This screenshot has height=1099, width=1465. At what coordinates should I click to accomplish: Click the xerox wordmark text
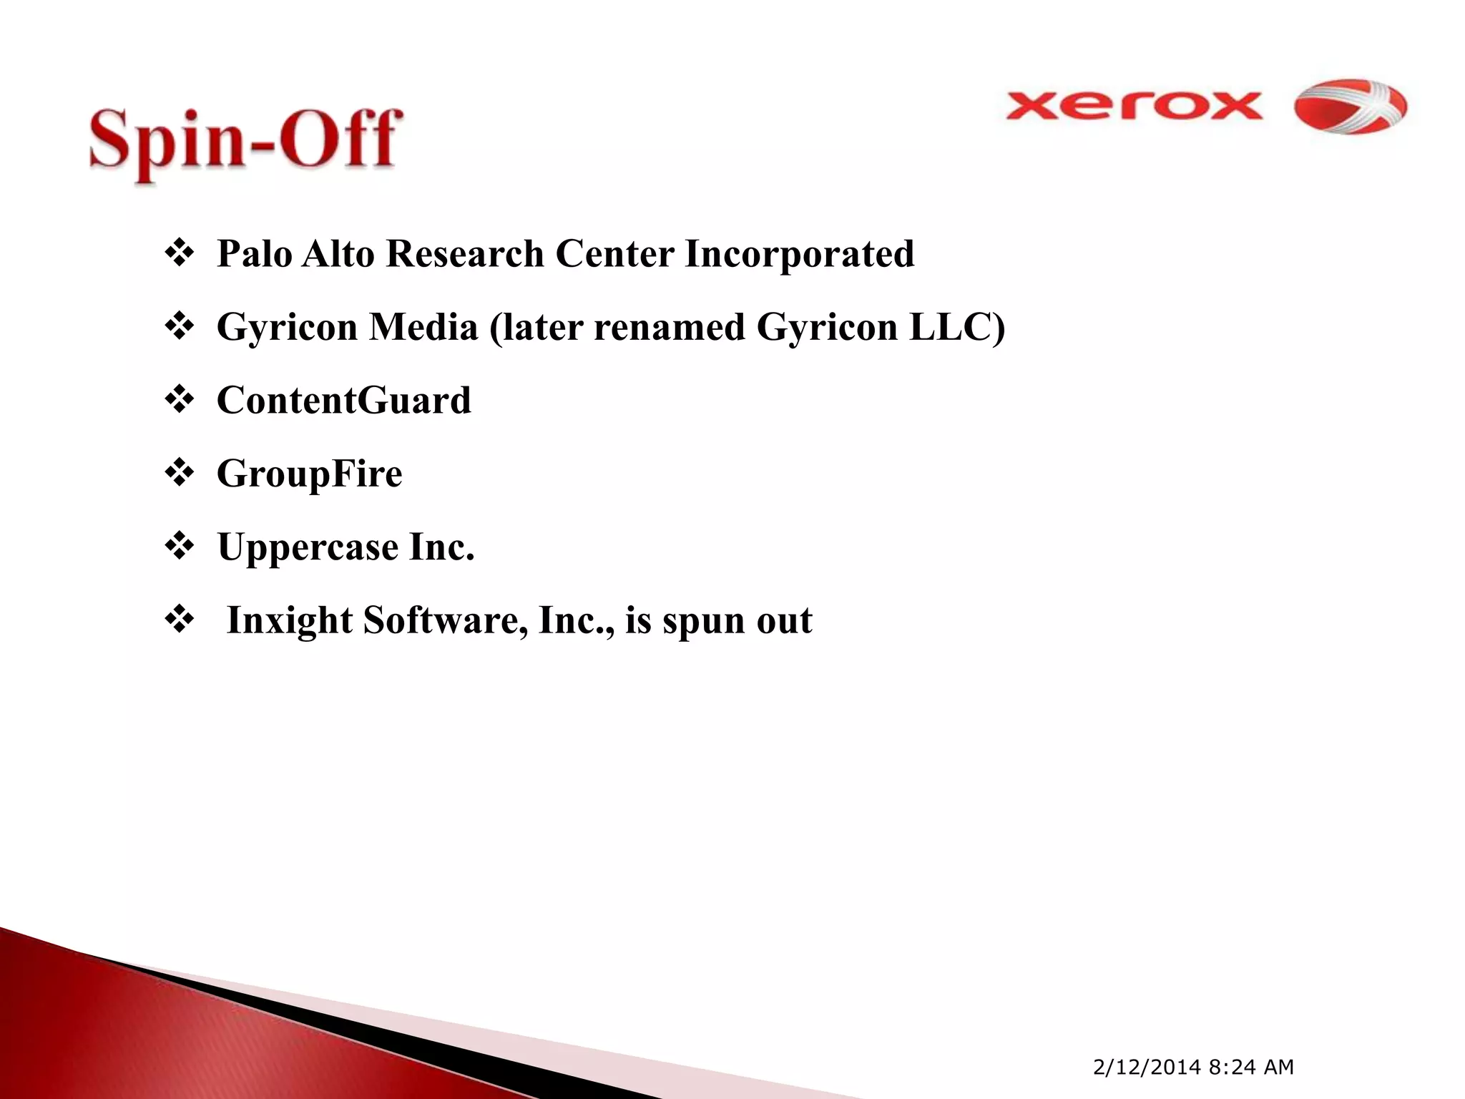point(1133,107)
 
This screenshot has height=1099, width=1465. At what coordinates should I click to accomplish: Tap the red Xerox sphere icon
point(1351,107)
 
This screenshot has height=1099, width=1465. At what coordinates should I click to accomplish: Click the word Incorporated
point(799,254)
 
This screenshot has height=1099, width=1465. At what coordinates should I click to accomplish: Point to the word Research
point(465,254)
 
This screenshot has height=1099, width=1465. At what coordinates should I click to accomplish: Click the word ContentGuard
point(344,401)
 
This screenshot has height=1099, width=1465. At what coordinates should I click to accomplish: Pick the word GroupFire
point(310,474)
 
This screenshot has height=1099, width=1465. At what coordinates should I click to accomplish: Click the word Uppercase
point(308,548)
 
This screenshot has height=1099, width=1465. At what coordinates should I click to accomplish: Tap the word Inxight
point(290,621)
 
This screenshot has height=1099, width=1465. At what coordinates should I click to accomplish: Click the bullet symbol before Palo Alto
point(179,254)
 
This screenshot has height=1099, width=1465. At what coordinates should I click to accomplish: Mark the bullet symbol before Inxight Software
point(179,620)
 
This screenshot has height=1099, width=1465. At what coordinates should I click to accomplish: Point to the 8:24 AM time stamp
point(1251,1068)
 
